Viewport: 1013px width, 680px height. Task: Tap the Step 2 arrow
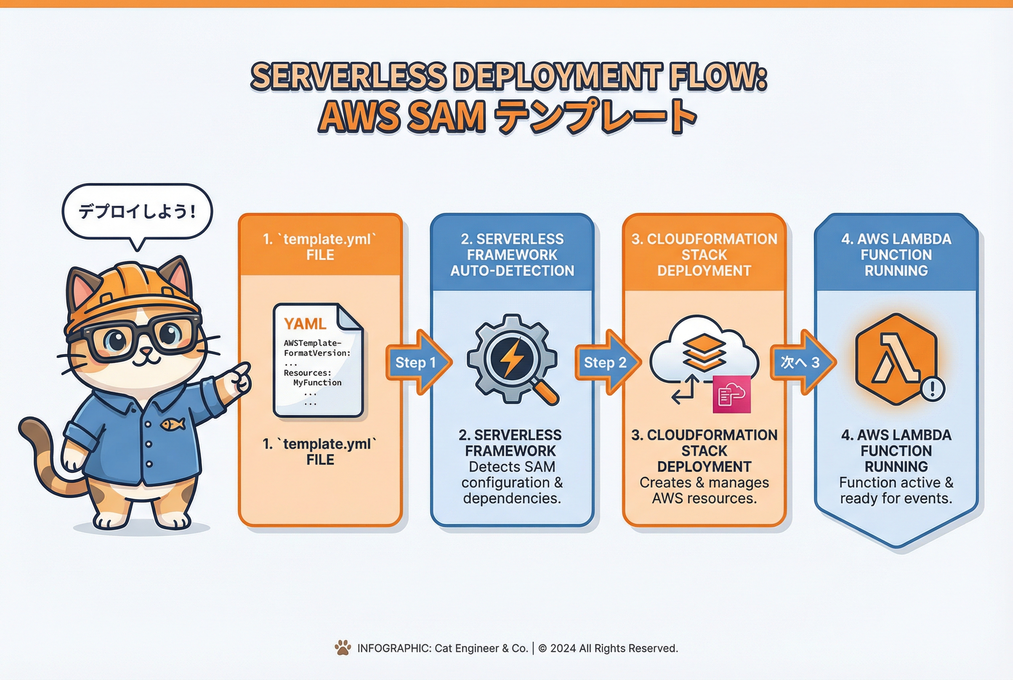tap(606, 362)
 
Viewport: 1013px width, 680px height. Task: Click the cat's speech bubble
tap(137, 212)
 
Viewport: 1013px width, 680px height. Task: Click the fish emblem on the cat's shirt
tap(173, 424)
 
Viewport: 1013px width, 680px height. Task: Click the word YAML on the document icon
tap(305, 324)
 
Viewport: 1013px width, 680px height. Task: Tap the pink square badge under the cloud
tap(732, 394)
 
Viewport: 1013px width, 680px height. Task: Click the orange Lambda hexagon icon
tap(896, 359)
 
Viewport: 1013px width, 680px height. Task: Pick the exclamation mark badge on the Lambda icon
tap(932, 389)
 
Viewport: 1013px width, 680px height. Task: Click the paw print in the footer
tap(343, 648)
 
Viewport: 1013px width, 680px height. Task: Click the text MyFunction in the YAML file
tap(317, 382)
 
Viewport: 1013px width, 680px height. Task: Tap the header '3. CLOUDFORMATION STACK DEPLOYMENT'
tap(704, 255)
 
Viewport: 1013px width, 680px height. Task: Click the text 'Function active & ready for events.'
tap(896, 490)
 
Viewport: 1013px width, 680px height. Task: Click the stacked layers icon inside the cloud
tap(704, 352)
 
